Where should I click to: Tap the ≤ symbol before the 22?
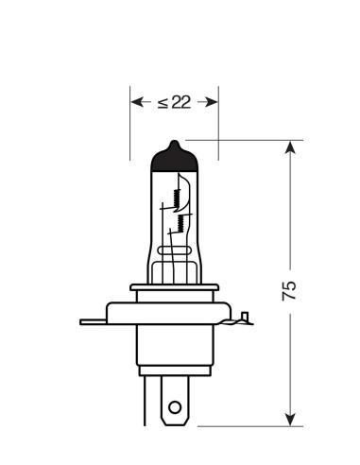click(163, 102)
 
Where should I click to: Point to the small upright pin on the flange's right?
click(246, 317)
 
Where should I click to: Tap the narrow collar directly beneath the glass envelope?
click(173, 292)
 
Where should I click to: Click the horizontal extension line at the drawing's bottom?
click(236, 425)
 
